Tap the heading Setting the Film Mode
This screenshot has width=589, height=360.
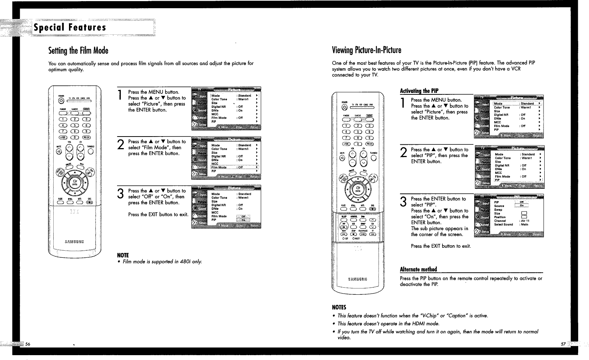point(78,50)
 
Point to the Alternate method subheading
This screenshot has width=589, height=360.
point(418,269)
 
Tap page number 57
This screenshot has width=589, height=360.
point(563,344)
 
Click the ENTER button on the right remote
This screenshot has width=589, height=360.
point(358,189)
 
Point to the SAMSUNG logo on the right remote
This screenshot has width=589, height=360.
point(358,279)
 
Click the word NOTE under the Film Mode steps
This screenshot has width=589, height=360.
point(123,256)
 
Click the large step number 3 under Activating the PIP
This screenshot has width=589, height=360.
point(403,202)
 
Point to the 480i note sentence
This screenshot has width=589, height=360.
point(160,262)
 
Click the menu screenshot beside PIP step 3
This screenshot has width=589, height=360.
point(509,216)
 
